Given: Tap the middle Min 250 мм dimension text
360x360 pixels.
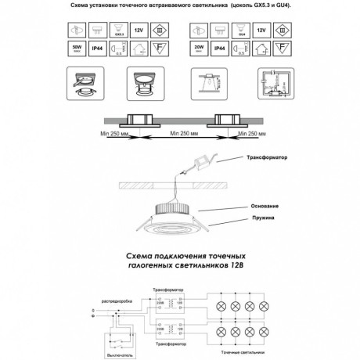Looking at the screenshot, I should click(x=182, y=134).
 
